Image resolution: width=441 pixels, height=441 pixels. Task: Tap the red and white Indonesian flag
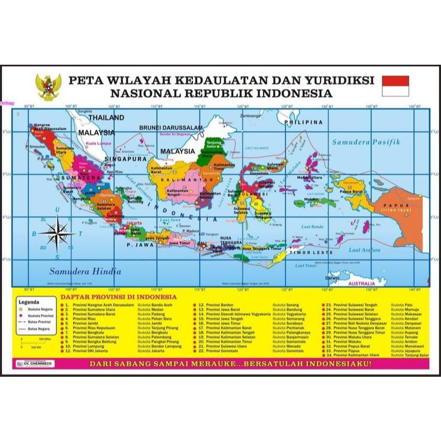click(x=395, y=86)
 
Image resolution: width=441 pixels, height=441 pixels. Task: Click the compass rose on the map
click(x=56, y=233)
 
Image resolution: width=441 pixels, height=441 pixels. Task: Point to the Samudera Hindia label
click(x=85, y=271)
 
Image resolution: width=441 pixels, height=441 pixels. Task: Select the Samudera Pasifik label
click(x=366, y=142)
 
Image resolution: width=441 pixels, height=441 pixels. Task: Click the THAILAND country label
click(x=107, y=117)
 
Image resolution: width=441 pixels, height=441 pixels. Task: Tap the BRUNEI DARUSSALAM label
click(x=171, y=128)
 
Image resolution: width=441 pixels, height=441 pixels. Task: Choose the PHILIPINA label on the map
click(x=303, y=122)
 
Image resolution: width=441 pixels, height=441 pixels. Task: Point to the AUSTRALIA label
click(x=362, y=283)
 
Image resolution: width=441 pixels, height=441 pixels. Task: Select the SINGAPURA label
click(x=126, y=159)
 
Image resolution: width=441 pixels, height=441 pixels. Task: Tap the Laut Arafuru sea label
click(x=364, y=250)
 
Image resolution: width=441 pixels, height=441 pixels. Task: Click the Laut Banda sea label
click(x=312, y=226)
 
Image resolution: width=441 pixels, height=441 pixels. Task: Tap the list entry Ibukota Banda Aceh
click(x=155, y=305)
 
